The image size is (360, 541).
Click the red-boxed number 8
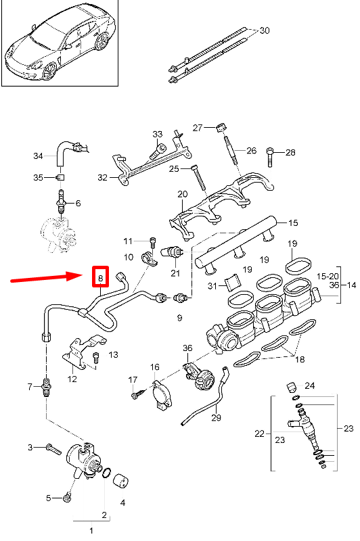coord(100,277)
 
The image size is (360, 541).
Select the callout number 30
coord(264,30)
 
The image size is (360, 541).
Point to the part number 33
coord(157,134)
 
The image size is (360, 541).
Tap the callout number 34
coord(38,156)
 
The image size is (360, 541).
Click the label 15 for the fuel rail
coord(292,222)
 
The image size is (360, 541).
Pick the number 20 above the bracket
coord(181,194)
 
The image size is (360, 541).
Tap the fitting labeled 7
coord(47,387)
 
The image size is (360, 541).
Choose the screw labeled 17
coord(139,392)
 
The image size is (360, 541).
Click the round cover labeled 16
coord(162,394)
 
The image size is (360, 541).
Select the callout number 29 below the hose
coord(216,418)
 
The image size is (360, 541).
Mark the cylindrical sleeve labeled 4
coord(122,481)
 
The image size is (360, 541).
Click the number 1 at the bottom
coord(91,530)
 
